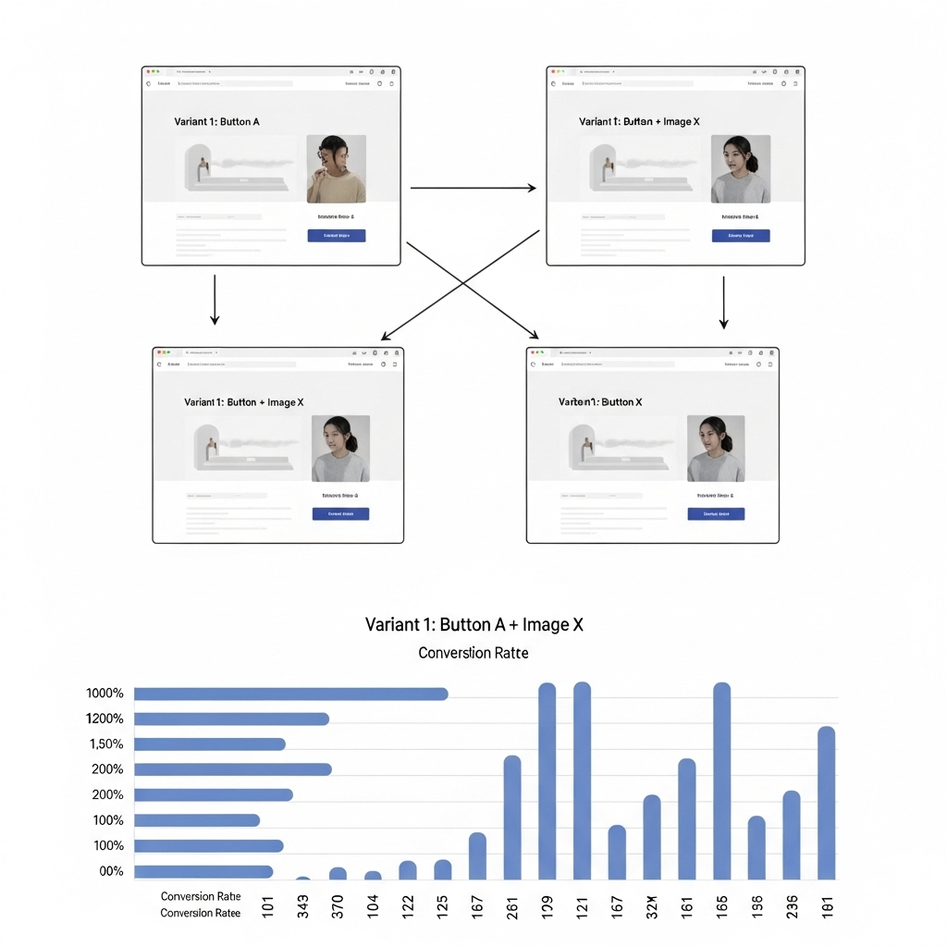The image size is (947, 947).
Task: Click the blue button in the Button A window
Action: pyautogui.click(x=336, y=236)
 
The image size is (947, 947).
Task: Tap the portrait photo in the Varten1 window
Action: pyautogui.click(x=716, y=449)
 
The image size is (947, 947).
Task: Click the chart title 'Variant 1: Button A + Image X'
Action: pyautogui.click(x=473, y=624)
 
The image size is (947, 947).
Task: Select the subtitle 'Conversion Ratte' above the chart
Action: pyautogui.click(x=473, y=653)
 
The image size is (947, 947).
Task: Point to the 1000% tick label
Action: pyautogui.click(x=105, y=694)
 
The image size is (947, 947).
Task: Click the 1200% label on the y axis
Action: pyautogui.click(x=105, y=719)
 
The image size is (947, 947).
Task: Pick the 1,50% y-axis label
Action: pyautogui.click(x=105, y=744)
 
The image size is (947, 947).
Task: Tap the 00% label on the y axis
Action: pyautogui.click(x=111, y=871)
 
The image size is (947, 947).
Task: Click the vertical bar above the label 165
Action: pyautogui.click(x=721, y=781)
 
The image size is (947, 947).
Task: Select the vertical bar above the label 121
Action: pyautogui.click(x=582, y=781)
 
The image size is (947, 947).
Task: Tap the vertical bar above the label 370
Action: pyautogui.click(x=338, y=873)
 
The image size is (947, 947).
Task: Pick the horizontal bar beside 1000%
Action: pyautogui.click(x=290, y=694)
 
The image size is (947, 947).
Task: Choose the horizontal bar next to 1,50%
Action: pyautogui.click(x=210, y=744)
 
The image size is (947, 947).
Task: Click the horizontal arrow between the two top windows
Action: pyautogui.click(x=473, y=188)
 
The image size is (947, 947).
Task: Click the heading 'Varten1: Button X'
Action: pyautogui.click(x=600, y=402)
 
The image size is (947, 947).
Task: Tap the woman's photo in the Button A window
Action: pyautogui.click(x=336, y=168)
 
